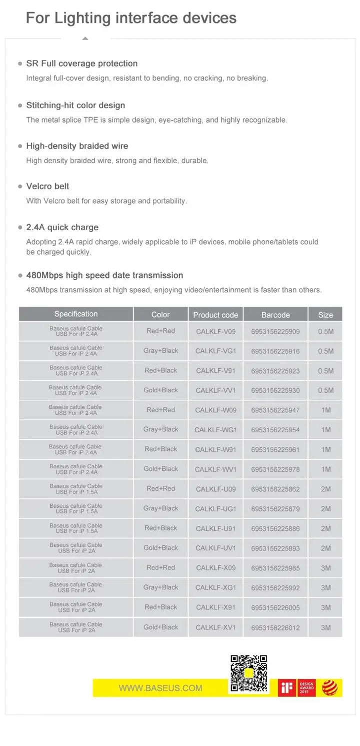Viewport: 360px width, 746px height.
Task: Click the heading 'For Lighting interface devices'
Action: point(131,18)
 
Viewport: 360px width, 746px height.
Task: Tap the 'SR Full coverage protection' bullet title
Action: point(81,64)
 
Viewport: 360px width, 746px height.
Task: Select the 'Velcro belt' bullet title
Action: point(47,186)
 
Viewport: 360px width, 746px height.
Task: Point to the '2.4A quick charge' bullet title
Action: point(62,227)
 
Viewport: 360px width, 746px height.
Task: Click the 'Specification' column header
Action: point(76,314)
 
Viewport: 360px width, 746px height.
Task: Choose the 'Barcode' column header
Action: point(275,315)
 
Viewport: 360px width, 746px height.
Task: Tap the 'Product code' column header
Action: point(215,315)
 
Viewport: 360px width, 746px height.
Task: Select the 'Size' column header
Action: point(325,315)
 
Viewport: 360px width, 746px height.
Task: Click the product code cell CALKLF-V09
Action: point(215,331)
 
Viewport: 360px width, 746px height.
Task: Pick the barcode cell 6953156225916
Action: point(275,351)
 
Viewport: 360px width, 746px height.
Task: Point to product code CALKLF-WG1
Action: point(215,430)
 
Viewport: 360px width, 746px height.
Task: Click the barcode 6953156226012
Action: point(275,627)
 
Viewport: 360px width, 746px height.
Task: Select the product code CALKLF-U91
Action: point(215,528)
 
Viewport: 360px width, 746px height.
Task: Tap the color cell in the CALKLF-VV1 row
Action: point(160,390)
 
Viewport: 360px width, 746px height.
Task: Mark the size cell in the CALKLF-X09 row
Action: point(325,568)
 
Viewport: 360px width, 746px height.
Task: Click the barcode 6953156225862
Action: point(275,489)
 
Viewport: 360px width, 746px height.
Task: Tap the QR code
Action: point(248,673)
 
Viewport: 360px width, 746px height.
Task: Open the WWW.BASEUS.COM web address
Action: point(160,688)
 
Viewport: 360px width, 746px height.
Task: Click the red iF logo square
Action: point(287,688)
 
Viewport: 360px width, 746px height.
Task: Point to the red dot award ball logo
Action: point(329,687)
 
